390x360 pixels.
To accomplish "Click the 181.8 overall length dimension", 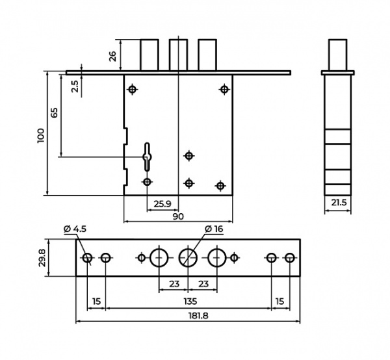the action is point(198,316).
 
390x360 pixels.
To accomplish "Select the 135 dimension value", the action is point(190,302).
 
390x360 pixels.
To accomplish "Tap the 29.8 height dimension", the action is point(42,258).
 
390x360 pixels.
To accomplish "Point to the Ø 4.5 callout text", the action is point(75,229).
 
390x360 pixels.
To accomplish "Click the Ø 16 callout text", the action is point(214,229).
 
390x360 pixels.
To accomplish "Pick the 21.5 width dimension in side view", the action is point(339,202).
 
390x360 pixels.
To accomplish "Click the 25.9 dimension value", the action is point(162,204).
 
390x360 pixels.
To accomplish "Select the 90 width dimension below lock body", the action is point(178,216).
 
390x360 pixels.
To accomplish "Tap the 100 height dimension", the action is point(40,136).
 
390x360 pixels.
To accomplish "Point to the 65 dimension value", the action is point(54,112).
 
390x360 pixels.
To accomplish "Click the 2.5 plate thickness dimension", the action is point(75,86).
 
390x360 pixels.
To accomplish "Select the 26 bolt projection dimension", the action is point(112,56).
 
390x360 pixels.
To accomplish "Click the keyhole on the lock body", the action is point(148,157).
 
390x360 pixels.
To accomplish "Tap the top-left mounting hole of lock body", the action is point(133,89).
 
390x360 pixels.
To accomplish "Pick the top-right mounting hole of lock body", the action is point(224,89).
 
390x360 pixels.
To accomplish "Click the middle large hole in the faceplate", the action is point(188,258).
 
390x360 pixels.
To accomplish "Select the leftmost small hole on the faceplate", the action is point(87,258).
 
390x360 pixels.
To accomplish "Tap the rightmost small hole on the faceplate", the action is point(289,258).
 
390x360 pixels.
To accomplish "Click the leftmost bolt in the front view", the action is point(149,55).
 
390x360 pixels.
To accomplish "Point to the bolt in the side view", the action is point(338,55).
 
